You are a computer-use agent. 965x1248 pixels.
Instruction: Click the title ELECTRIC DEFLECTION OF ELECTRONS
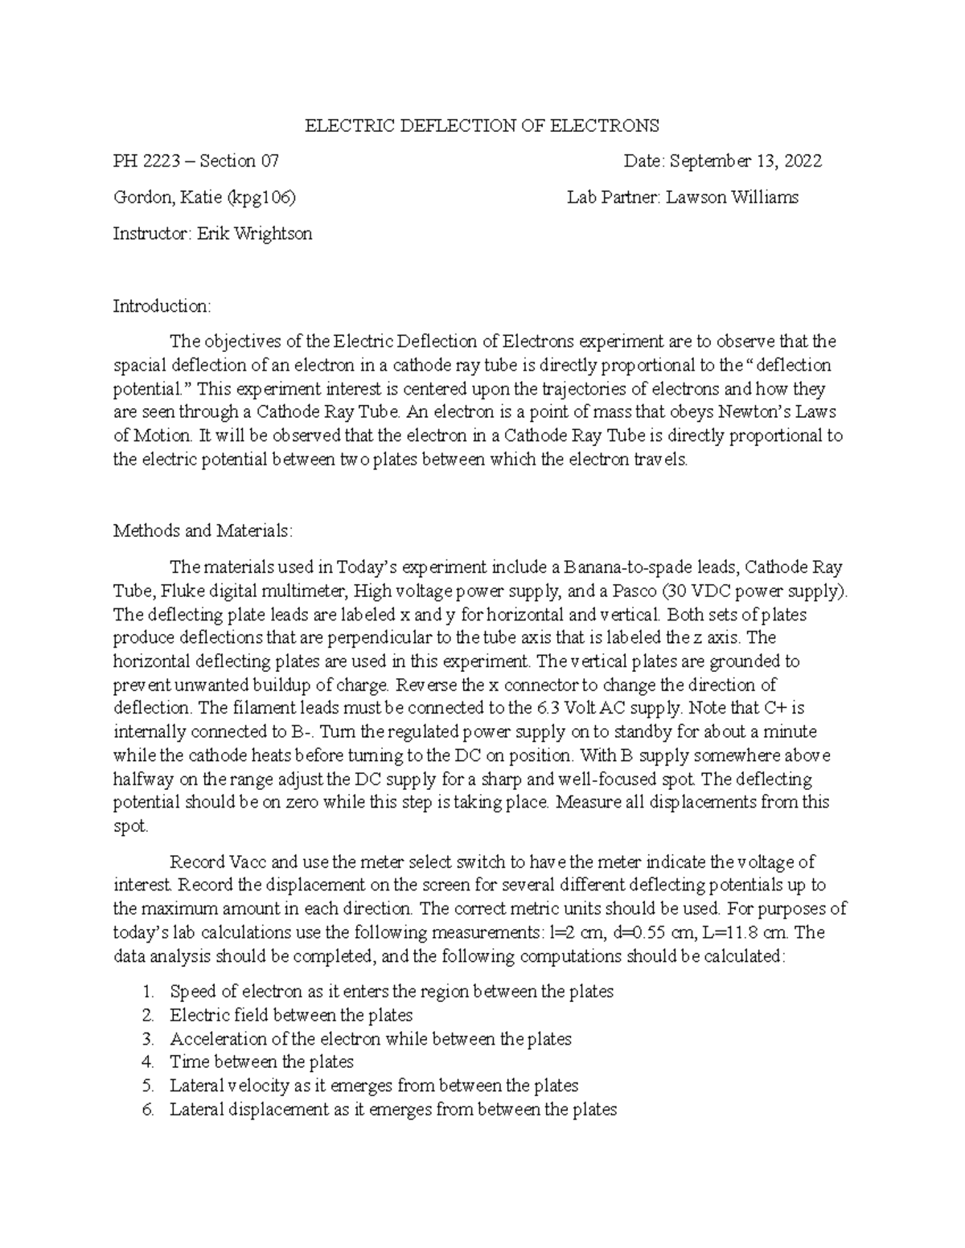(480, 125)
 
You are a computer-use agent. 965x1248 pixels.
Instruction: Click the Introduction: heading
(162, 306)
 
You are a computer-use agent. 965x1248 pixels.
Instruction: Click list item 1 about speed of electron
(391, 992)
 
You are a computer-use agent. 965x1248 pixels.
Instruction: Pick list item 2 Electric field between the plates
(290, 1015)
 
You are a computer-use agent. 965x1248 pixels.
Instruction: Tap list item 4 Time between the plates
(261, 1062)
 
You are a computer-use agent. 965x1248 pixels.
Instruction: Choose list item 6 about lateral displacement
(392, 1110)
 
